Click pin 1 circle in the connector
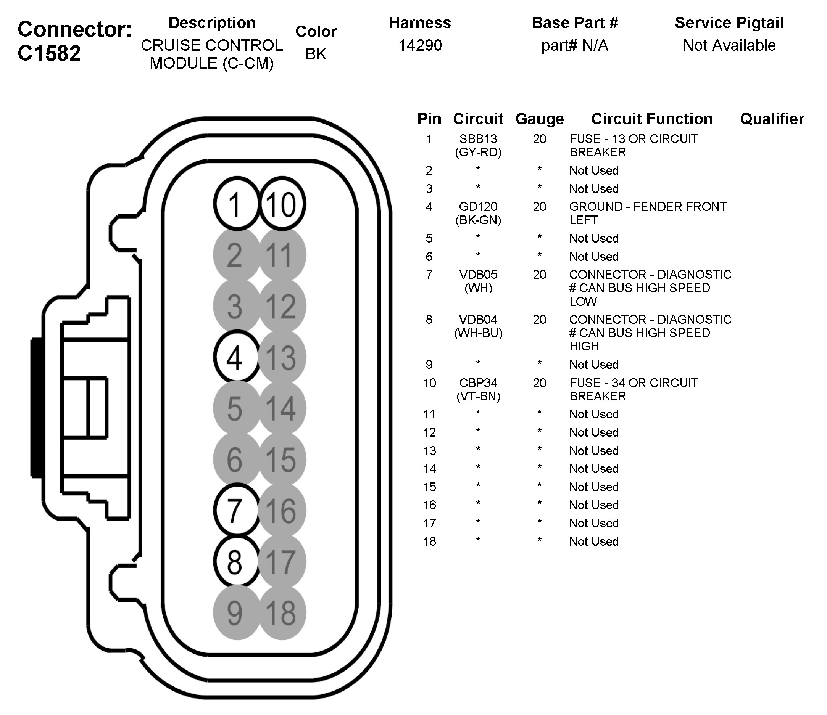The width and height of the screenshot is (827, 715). coord(236,204)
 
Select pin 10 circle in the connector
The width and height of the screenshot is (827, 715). coord(282,204)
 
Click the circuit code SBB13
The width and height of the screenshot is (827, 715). coord(478,139)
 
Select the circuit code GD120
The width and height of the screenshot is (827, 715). coord(478,207)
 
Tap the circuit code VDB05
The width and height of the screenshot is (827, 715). coord(478,275)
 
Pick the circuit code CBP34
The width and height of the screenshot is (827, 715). coord(478,382)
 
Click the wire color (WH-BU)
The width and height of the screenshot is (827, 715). coord(478,333)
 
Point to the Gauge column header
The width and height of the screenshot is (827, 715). coord(540,119)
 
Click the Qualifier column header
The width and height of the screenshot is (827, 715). coord(772,119)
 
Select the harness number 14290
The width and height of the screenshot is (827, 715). coord(420,45)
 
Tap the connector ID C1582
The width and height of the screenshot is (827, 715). coord(49,53)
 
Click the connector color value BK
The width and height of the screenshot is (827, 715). coord(316,54)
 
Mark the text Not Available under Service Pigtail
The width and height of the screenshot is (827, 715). coord(729,45)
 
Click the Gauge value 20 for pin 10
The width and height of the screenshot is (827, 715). coord(540,382)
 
